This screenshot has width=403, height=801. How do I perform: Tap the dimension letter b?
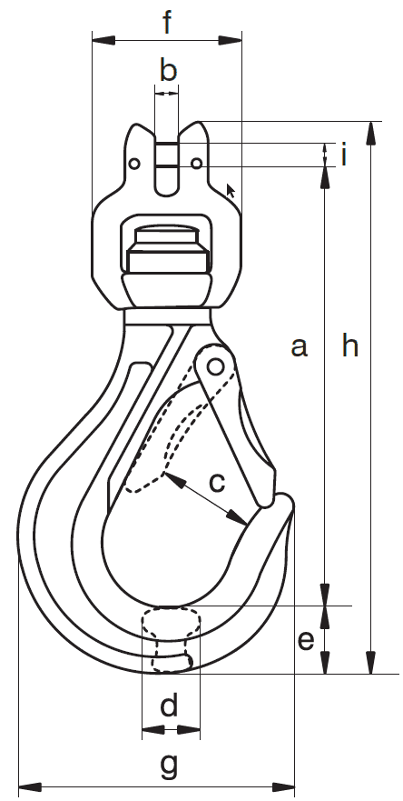pyautogui.click(x=168, y=70)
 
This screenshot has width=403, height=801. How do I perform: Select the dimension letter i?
pyautogui.click(x=344, y=155)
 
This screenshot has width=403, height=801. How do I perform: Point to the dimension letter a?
pyautogui.click(x=300, y=347)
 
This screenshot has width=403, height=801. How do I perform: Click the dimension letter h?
pyautogui.click(x=350, y=345)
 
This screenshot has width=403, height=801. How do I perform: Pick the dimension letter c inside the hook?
pyautogui.click(x=217, y=482)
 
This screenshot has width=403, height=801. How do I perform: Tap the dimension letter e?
pyautogui.click(x=306, y=641)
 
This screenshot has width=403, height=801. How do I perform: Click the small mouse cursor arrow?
pyautogui.click(x=231, y=191)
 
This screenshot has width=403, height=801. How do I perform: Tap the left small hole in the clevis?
pyautogui.click(x=134, y=164)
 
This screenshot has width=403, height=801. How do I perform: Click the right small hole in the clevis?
pyautogui.click(x=197, y=164)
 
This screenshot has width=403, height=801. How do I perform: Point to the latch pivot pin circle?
pyautogui.click(x=216, y=366)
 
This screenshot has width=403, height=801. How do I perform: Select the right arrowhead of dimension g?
pyautogui.click(x=283, y=786)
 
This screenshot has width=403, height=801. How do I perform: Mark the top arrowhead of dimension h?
pyautogui.click(x=371, y=134)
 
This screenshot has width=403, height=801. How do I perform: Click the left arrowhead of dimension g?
pyautogui.click(x=30, y=786)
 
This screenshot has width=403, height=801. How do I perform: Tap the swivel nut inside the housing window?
pyautogui.click(x=167, y=249)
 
